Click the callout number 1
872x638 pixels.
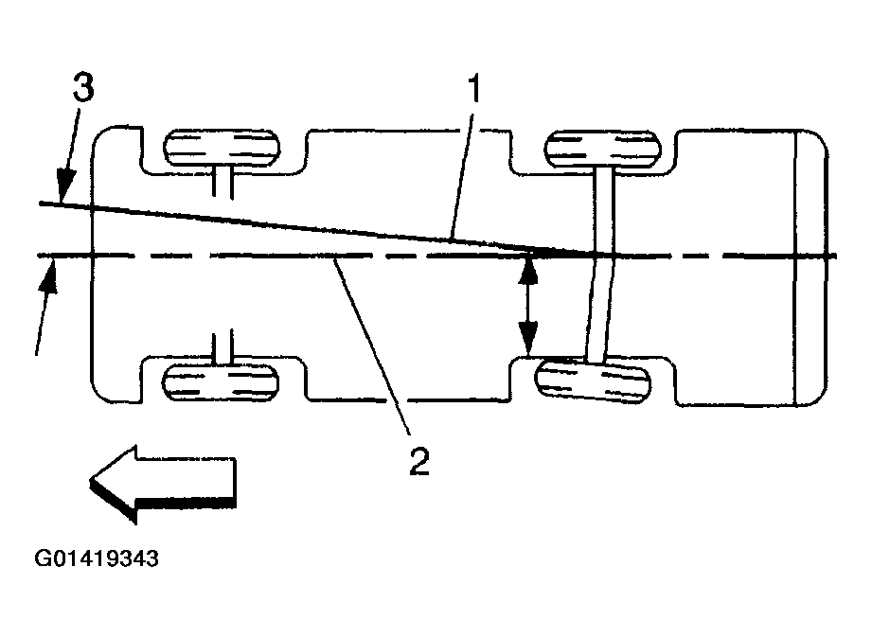pos(474,93)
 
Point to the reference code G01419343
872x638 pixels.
pos(97,558)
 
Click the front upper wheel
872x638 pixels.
pos(223,150)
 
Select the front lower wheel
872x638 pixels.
pos(223,381)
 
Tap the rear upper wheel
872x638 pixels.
pos(602,150)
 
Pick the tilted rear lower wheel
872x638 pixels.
pos(594,382)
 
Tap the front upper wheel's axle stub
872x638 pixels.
pos(223,183)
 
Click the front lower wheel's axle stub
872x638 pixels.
pos(223,346)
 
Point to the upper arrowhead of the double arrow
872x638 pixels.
pos(528,269)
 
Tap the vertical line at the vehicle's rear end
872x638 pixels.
pos(799,265)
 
